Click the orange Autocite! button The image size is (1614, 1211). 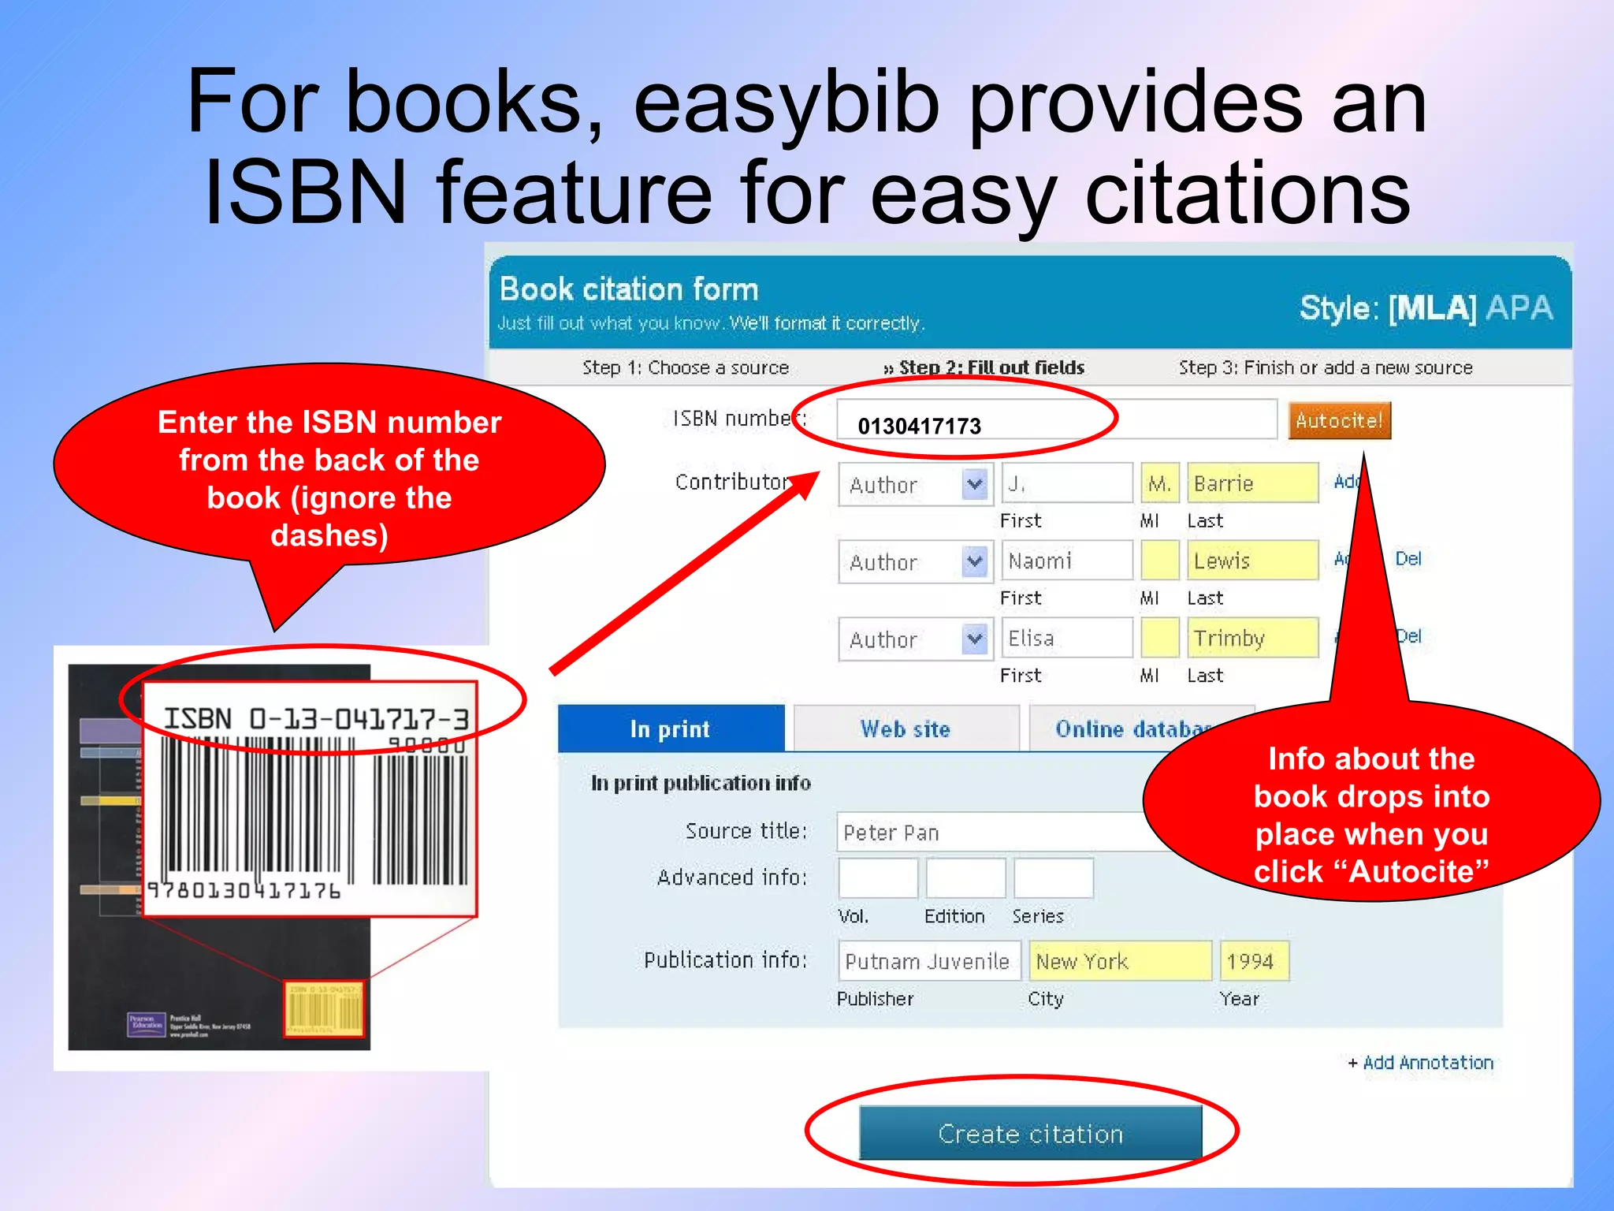pos(1339,420)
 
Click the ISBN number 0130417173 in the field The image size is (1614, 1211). pos(919,426)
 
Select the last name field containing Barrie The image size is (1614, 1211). pos(1251,483)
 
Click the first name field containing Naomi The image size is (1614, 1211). pos(1065,561)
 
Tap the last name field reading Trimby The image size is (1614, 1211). pos(1251,638)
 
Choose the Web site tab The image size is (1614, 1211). pos(906,729)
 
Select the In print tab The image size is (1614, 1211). pos(670,729)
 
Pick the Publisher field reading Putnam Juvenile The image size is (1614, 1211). pos(928,961)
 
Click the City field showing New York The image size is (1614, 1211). pos(1119,961)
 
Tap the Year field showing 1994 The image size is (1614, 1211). pos(1253,961)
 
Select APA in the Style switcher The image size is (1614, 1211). pos(1519,307)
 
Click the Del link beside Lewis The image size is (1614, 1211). pos(1408,559)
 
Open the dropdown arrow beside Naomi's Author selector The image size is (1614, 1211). pos(975,561)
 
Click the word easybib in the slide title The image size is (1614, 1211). pos(787,102)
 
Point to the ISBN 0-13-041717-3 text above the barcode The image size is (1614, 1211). pos(316,718)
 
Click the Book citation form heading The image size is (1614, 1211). pos(629,289)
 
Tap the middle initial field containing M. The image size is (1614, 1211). pos(1159,483)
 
